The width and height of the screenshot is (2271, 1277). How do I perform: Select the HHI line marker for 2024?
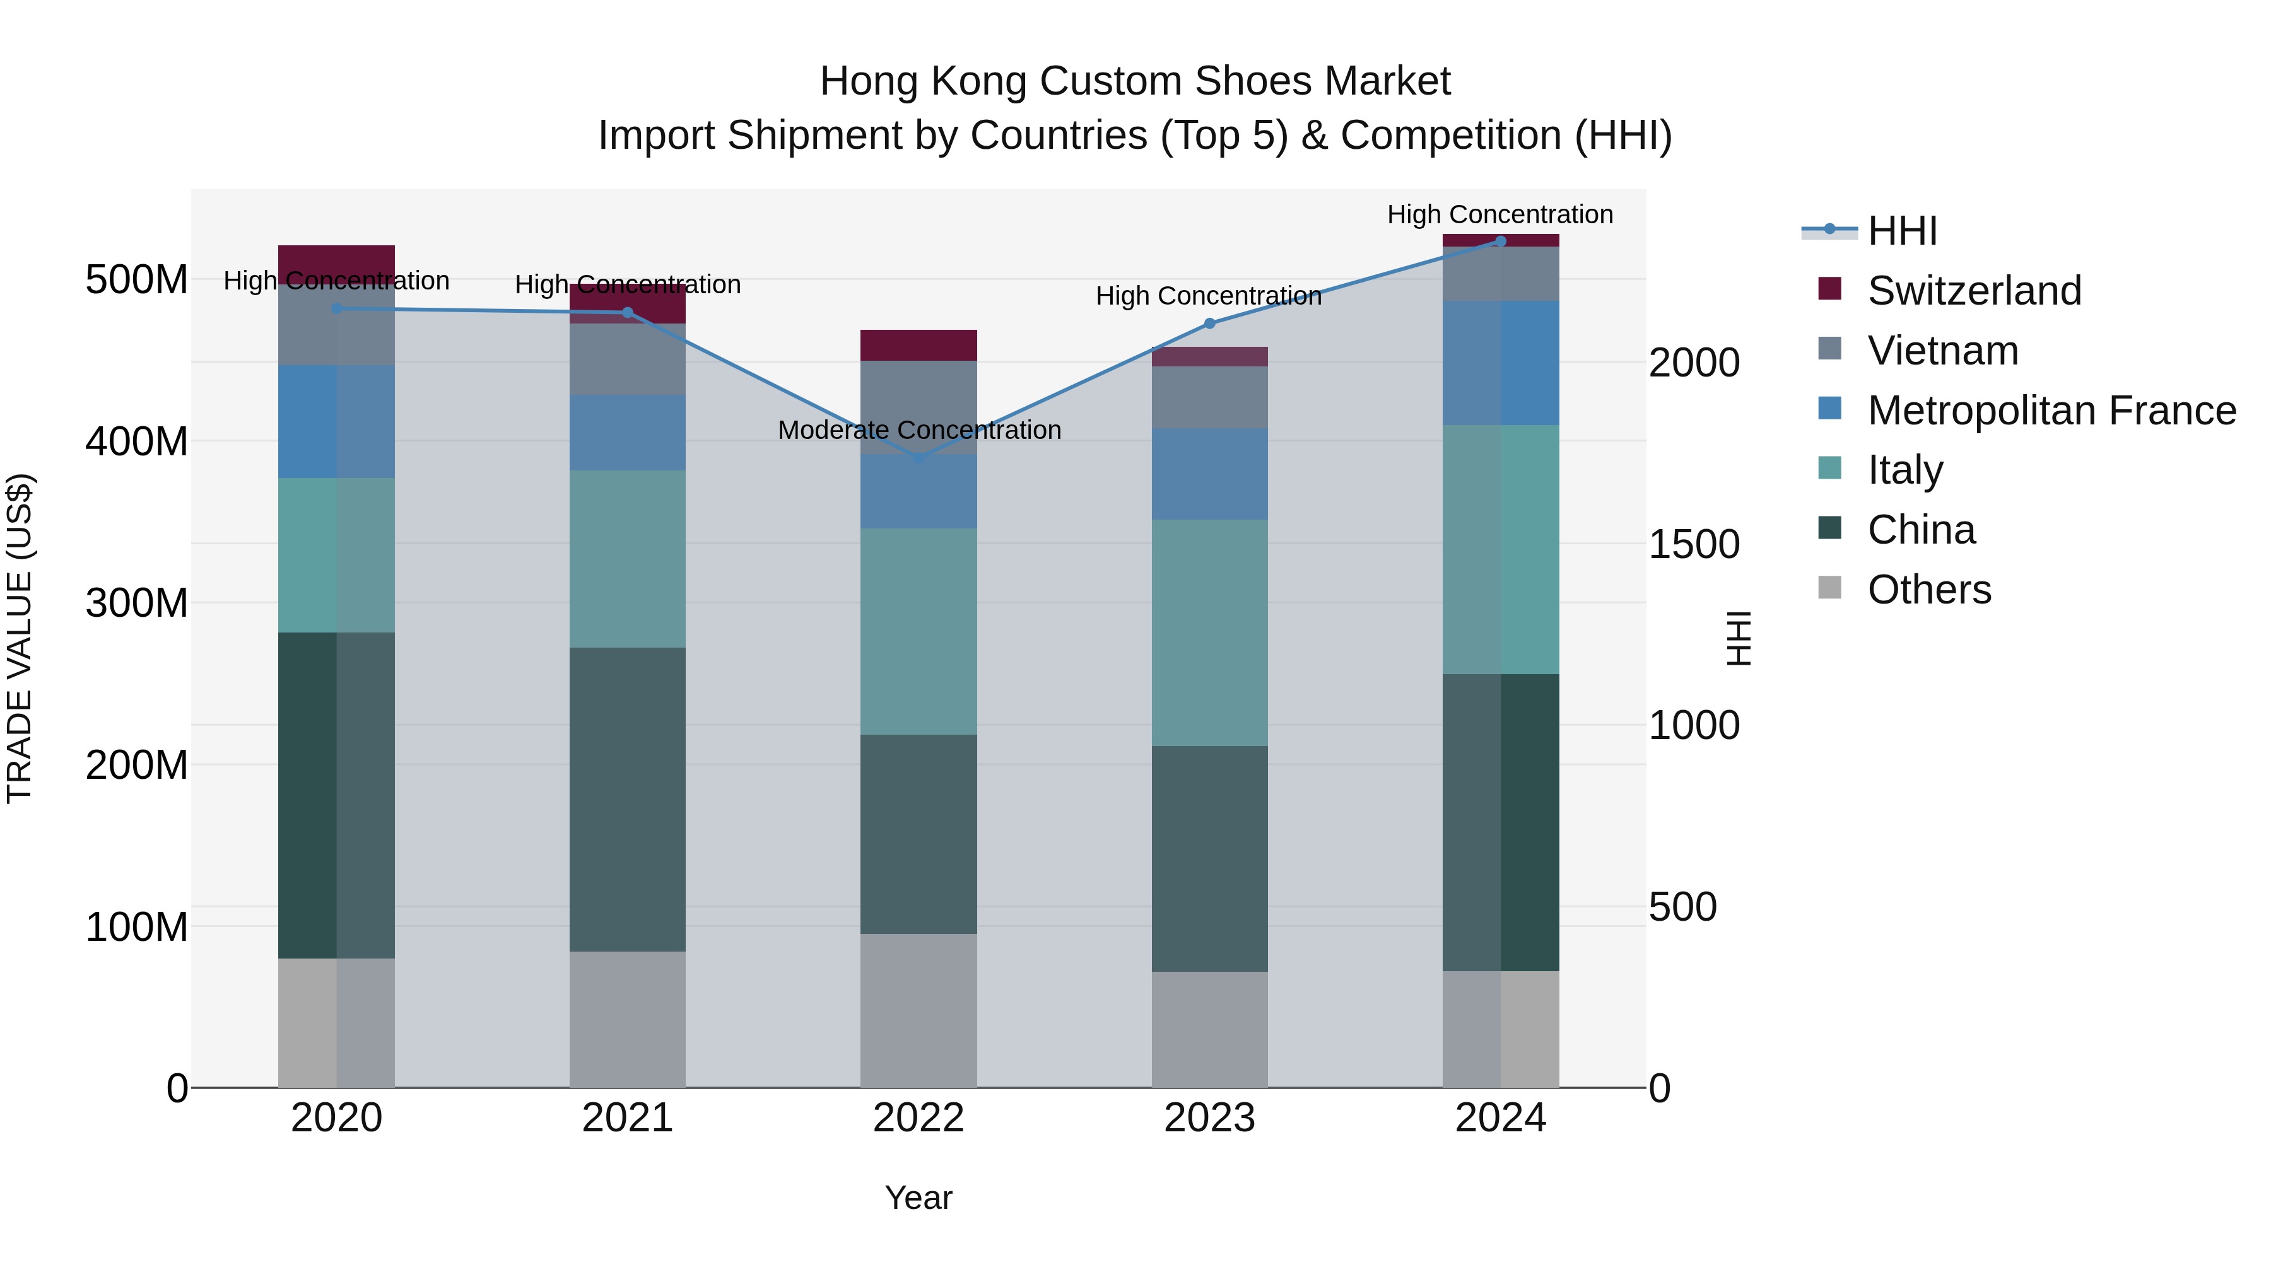point(1501,241)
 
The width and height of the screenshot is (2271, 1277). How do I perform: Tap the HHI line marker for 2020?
point(337,308)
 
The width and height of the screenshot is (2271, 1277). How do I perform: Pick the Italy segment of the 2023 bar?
point(1209,633)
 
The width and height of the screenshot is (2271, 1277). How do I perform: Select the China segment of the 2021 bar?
point(628,800)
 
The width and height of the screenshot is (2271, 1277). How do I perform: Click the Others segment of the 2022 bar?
point(918,1011)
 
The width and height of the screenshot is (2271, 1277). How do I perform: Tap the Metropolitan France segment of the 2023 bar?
point(1209,474)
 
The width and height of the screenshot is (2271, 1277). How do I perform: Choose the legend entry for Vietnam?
point(1942,351)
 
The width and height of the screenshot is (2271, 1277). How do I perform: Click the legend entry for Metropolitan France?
point(2051,411)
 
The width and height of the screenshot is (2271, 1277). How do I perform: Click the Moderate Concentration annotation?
point(918,430)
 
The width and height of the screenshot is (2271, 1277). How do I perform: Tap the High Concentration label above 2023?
point(1209,296)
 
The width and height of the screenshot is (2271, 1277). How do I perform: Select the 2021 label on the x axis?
point(628,1118)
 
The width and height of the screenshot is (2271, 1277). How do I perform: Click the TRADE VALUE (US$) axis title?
point(20,638)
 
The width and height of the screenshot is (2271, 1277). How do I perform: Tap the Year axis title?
point(918,1198)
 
